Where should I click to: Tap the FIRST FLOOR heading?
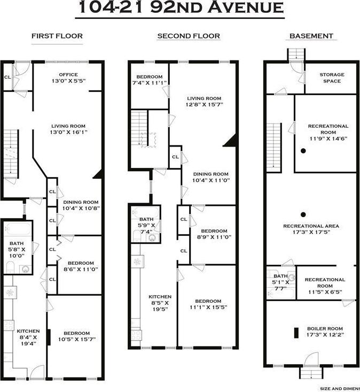(57, 36)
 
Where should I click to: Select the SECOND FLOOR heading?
(189, 36)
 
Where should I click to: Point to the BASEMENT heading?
(311, 36)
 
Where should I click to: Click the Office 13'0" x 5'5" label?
(68, 78)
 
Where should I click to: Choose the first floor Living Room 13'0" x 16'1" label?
(68, 128)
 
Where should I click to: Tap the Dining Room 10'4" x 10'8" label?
(81, 205)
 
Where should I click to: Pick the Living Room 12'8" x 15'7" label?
(204, 101)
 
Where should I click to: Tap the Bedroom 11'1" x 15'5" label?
(208, 304)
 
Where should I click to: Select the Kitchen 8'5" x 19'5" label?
(160, 303)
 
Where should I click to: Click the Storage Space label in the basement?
(332, 78)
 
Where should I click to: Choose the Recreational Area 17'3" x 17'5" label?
(311, 229)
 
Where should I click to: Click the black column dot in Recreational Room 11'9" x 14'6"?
(303, 151)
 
